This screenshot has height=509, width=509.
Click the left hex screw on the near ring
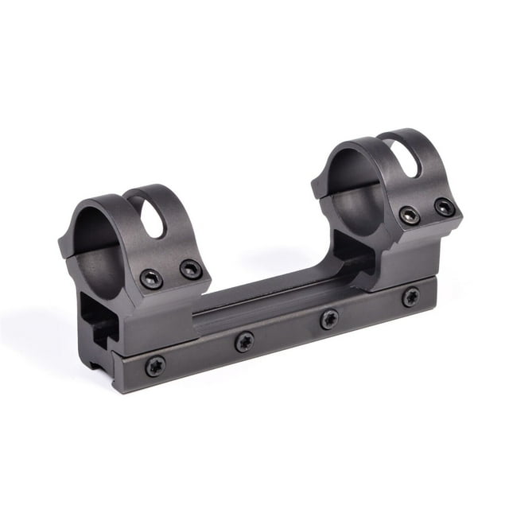click(x=151, y=278)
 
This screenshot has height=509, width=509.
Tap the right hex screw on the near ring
click(x=190, y=270)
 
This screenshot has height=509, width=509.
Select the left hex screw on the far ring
click(x=410, y=215)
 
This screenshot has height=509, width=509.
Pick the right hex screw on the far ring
click(x=444, y=207)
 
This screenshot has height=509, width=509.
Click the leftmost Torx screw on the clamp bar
click(x=154, y=365)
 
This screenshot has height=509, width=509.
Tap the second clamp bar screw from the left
click(x=245, y=341)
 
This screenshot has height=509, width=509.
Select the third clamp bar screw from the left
click(x=329, y=319)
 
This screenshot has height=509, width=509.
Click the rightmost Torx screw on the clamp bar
click(x=410, y=297)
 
